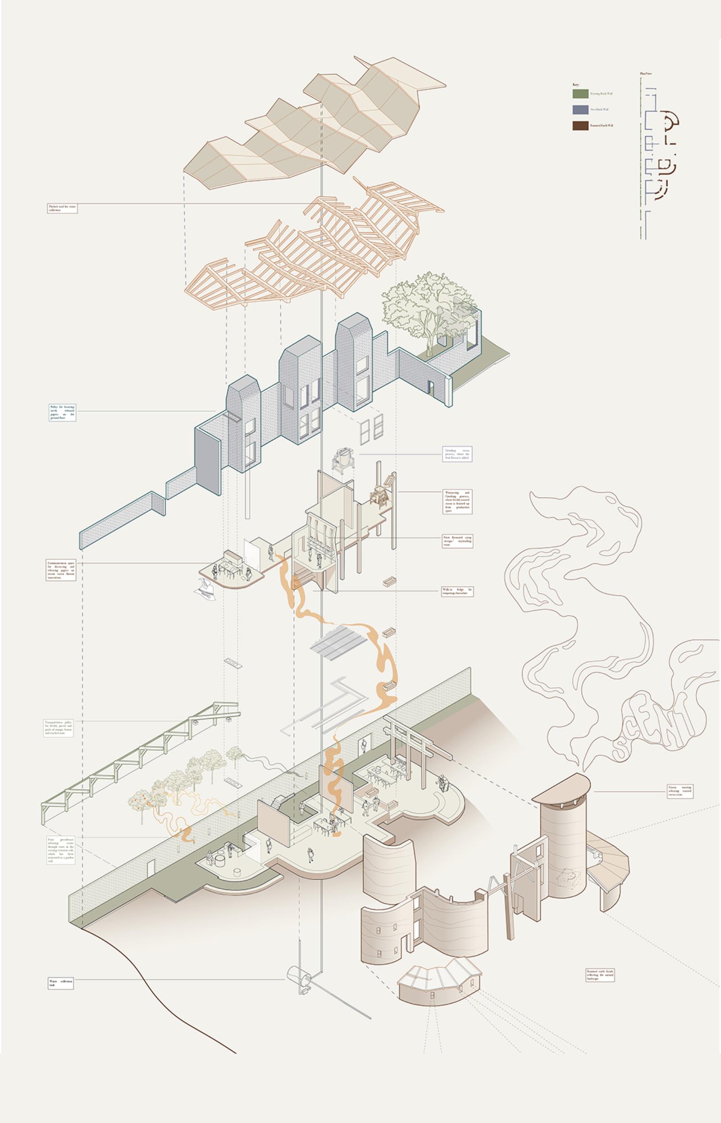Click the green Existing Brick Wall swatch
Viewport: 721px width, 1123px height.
point(580,94)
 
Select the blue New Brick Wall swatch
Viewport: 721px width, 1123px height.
point(580,109)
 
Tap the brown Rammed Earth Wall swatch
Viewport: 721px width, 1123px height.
point(580,125)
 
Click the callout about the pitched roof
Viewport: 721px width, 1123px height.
point(62,208)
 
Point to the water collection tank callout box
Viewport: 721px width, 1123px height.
point(61,983)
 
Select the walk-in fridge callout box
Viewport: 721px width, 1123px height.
point(457,591)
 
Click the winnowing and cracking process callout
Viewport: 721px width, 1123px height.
point(457,502)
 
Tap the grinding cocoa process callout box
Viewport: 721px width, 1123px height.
point(457,454)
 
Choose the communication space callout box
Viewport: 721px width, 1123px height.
point(61,569)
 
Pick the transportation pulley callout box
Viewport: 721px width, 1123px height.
point(59,727)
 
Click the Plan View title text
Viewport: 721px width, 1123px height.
point(646,74)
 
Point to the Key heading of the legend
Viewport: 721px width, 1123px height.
point(575,85)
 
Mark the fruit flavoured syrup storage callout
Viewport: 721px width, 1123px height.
point(457,541)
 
